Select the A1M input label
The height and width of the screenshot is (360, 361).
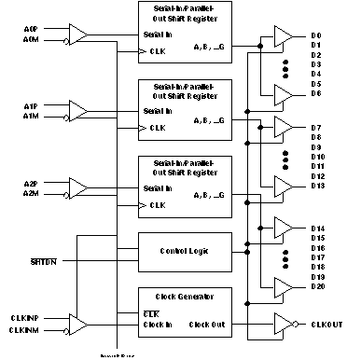click(x=31, y=115)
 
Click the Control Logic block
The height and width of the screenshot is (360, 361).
click(x=183, y=251)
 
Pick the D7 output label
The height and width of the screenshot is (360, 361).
click(x=316, y=126)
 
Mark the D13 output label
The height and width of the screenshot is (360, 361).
click(x=317, y=185)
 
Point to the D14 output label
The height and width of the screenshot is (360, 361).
click(x=317, y=228)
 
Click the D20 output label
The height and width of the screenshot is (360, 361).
click(x=317, y=285)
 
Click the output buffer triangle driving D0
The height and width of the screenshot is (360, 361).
click(x=281, y=36)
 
